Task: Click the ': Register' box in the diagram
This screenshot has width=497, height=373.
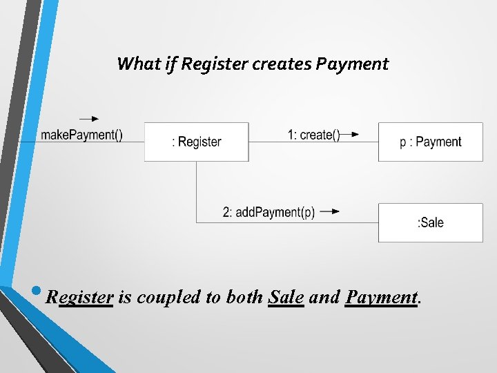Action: pos(197,142)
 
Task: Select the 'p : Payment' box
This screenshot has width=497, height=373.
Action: pos(431,142)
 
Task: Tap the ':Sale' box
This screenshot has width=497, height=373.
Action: pos(431,222)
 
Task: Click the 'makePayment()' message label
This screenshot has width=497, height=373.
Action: pos(81,135)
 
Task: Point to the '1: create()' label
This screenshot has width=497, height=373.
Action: pos(314,135)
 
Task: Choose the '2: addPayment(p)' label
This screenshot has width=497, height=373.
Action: pos(269,212)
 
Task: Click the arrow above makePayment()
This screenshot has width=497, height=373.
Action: pos(89,119)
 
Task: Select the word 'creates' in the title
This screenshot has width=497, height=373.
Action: pos(283,64)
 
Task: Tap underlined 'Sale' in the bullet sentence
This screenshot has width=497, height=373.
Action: pos(286,298)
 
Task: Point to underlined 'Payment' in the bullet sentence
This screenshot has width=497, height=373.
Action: pos(381,298)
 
